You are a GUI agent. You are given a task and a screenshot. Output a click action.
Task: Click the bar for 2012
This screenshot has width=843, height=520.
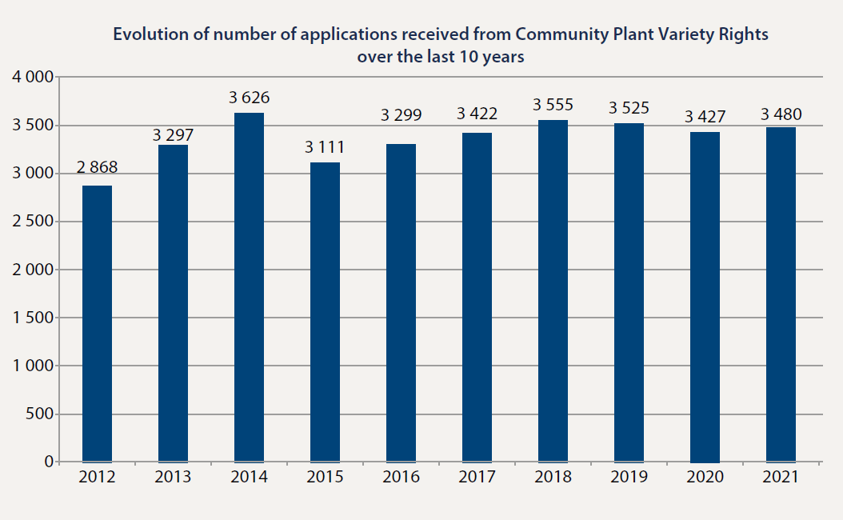point(97,324)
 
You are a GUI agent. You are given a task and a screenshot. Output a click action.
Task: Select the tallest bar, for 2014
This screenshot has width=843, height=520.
point(249,288)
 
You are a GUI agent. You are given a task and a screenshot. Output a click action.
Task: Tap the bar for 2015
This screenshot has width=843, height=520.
point(325,312)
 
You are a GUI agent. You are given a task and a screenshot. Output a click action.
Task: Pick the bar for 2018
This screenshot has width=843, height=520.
point(553,291)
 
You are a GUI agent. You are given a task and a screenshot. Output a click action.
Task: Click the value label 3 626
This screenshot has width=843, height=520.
point(249,98)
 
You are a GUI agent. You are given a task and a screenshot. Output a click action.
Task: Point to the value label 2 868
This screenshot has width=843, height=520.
point(97,167)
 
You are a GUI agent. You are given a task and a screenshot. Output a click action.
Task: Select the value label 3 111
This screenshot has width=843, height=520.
point(325,147)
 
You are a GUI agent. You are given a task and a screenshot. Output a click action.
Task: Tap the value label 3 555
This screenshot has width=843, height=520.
point(553,105)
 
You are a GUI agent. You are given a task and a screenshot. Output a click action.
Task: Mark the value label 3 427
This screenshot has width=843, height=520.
point(705,117)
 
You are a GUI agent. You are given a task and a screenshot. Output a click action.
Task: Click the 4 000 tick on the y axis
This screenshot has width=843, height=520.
point(33,78)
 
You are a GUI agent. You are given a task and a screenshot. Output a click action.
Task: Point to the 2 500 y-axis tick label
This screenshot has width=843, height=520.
point(33,222)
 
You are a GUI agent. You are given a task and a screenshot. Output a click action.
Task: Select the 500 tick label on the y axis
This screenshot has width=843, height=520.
point(40,414)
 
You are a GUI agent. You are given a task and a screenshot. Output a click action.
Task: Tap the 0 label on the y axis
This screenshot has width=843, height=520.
point(49,462)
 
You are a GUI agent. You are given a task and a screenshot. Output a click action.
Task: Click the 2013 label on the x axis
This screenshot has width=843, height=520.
point(173,478)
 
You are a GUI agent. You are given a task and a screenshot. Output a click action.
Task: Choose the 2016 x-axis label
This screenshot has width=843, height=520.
point(401,478)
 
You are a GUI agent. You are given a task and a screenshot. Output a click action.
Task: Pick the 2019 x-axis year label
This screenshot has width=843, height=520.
point(629,478)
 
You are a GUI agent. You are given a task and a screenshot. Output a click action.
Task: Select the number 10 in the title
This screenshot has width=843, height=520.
point(470,57)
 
